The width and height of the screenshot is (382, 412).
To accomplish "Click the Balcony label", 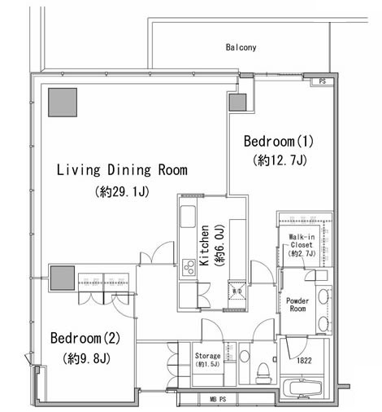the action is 241,47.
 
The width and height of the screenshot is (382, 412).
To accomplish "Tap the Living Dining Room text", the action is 122,170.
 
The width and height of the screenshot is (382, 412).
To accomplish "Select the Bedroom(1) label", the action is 279,142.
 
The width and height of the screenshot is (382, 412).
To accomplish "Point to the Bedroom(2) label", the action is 85,338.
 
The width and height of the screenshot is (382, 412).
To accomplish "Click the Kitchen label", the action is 204,245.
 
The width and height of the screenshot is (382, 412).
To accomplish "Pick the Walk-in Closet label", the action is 302,241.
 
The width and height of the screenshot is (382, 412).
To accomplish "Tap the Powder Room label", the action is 297,305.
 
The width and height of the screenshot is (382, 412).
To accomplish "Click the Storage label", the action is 207,356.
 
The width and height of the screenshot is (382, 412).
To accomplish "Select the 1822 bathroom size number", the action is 304,361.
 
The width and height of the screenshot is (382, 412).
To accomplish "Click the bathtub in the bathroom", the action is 302,388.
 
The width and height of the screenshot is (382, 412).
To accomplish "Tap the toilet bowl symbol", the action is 263,371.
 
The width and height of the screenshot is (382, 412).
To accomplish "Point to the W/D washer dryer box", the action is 237,291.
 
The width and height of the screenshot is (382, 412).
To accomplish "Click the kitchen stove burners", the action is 189,267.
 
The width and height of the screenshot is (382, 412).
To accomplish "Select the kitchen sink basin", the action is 188,217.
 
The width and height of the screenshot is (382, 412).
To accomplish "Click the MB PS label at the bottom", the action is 218,399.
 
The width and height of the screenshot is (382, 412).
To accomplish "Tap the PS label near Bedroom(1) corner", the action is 322,81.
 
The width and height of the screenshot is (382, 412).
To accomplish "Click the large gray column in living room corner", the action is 63,103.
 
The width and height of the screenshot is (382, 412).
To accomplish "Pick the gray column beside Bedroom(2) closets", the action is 63,278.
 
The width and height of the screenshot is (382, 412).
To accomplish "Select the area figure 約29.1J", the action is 122,192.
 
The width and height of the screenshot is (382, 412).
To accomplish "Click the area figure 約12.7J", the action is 280,160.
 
